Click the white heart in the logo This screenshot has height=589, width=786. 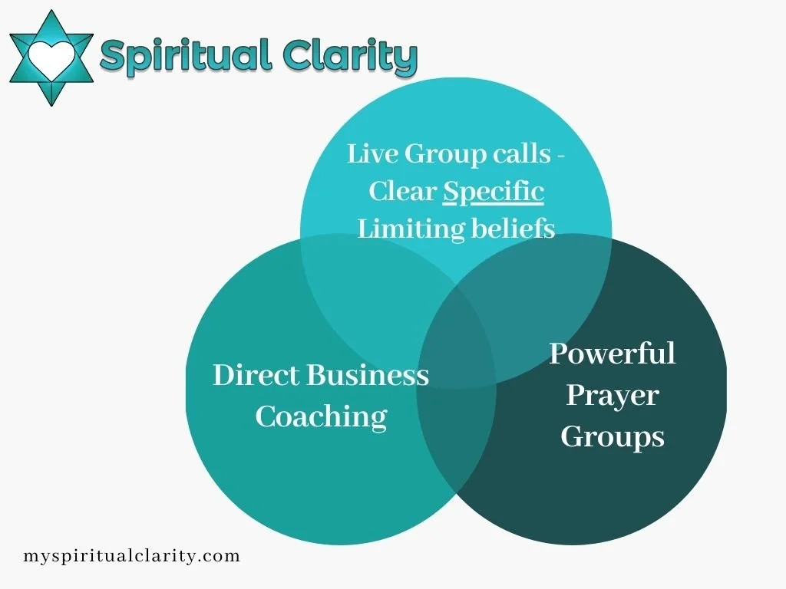click(x=51, y=55)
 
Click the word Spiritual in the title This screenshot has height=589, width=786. click(x=185, y=55)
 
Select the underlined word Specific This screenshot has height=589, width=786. click(x=494, y=191)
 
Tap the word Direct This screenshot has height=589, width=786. click(x=256, y=375)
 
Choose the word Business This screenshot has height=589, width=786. click(x=368, y=375)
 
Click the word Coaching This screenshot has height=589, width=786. click(x=321, y=416)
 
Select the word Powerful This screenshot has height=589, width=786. click(x=613, y=354)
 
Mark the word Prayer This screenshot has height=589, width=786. click(x=613, y=396)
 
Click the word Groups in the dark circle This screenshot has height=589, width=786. click(x=613, y=436)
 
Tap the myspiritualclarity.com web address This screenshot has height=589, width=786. click(x=131, y=555)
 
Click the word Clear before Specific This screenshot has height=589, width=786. click(x=402, y=191)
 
